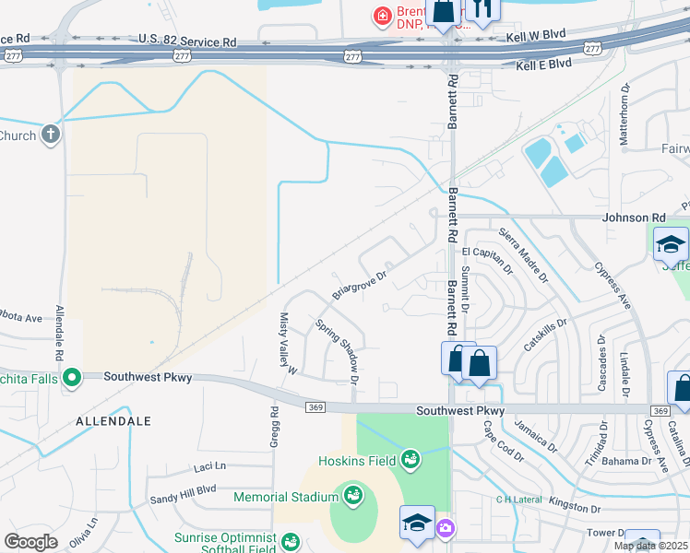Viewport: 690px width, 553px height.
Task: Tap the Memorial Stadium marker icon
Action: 351,497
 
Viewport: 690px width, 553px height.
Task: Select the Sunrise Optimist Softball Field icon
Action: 291,541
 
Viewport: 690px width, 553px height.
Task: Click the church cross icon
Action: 51,135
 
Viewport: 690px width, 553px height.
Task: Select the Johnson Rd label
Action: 634,218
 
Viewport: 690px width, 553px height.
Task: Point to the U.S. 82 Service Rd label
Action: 187,41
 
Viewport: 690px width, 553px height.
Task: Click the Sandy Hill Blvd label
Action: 183,495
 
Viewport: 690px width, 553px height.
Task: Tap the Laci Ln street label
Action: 209,466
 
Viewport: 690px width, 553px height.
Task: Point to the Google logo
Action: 30,542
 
